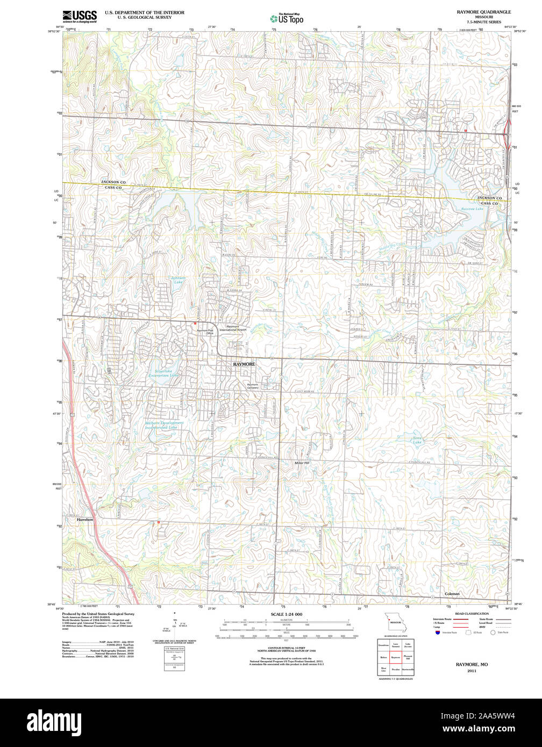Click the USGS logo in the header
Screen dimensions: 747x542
80,16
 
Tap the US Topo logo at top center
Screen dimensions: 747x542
287,18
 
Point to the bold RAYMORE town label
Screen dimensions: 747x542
244,364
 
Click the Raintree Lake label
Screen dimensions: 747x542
472,209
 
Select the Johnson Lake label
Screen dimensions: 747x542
178,279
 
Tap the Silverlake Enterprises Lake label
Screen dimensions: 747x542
164,372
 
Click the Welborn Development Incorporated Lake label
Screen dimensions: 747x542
164,425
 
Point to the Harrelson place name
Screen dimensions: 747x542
85,520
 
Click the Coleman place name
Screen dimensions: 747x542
452,594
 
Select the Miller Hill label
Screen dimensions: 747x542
302,463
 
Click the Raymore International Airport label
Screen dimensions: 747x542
236,328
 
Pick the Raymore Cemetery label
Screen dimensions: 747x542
253,386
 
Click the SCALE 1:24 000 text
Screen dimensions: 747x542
286,614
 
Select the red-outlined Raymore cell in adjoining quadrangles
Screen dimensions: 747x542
396,657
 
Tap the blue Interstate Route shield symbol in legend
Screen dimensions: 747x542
437,633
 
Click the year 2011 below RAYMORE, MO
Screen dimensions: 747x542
472,671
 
